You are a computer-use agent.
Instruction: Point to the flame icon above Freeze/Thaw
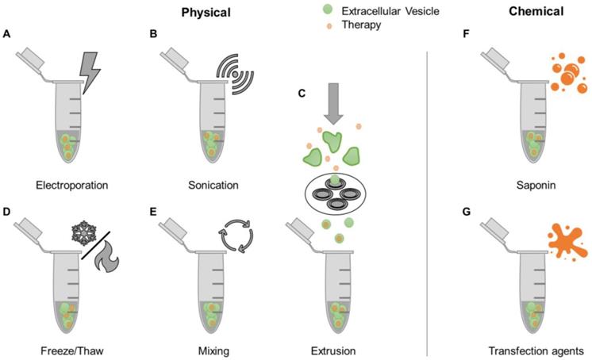[x=108, y=264]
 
